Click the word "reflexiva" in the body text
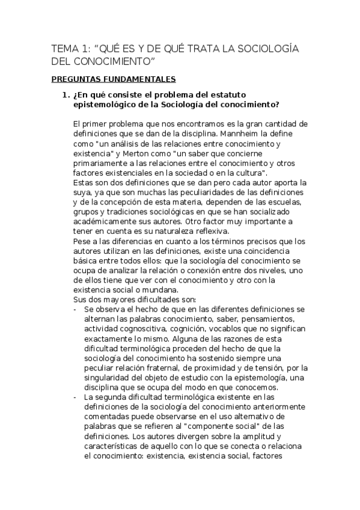(205, 231)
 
